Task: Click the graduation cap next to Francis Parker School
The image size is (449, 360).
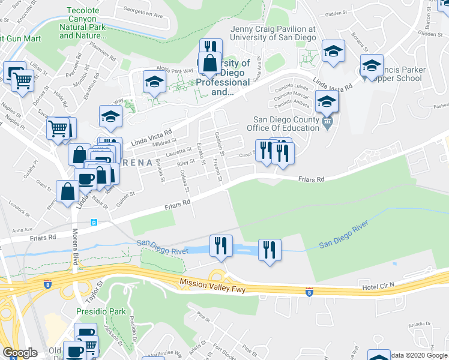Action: click(372, 65)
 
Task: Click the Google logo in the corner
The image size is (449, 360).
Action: click(20, 353)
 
